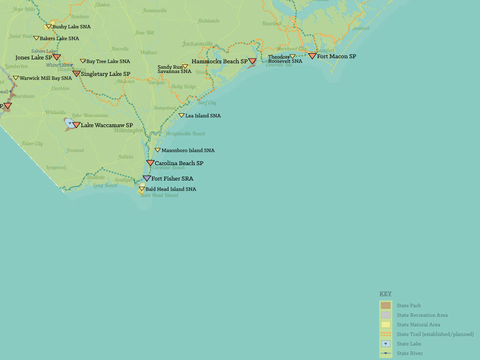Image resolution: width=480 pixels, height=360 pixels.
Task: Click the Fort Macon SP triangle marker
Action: [x=312, y=56]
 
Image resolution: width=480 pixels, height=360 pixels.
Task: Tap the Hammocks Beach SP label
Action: [x=219, y=61]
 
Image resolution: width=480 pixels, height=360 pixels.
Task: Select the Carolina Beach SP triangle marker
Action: [x=150, y=163]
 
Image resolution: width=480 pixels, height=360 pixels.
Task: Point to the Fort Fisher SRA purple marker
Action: [x=147, y=179]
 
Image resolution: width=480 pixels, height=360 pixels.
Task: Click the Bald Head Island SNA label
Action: [x=170, y=189]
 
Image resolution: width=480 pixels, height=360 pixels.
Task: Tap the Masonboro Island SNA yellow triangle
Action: [x=157, y=150]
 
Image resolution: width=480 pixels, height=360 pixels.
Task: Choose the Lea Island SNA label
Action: [x=203, y=116]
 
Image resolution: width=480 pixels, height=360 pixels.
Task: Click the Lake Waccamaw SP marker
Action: [x=76, y=125]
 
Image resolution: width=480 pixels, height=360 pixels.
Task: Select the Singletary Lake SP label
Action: [x=105, y=74]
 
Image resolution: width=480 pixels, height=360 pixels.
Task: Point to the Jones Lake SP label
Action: [x=34, y=58]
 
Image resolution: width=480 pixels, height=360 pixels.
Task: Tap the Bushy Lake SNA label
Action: [x=72, y=27]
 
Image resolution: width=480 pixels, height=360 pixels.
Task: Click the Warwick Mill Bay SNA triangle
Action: [x=15, y=78]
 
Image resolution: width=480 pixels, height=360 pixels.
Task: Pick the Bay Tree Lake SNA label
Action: [x=108, y=61]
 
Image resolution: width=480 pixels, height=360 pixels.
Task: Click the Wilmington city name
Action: [x=128, y=130]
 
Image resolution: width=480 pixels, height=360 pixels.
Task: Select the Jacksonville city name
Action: [x=197, y=44]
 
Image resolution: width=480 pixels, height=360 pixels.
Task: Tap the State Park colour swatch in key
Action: [x=386, y=305]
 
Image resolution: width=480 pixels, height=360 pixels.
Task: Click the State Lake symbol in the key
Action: [x=386, y=344]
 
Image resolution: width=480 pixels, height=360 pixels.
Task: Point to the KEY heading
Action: [x=385, y=294]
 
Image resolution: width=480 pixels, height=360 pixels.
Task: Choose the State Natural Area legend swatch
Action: [x=386, y=324]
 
